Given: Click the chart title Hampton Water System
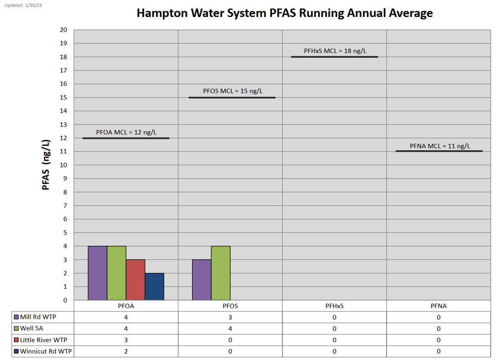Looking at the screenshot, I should (x=285, y=13).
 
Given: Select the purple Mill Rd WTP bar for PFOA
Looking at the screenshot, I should (x=98, y=273).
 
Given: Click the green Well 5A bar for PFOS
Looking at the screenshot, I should (x=221, y=273).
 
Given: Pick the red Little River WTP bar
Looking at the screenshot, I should (x=136, y=280).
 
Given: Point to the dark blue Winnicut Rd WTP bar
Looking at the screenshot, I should (x=154, y=286).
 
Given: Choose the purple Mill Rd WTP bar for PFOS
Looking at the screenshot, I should (x=202, y=280).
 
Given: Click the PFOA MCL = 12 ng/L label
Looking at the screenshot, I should (x=126, y=132).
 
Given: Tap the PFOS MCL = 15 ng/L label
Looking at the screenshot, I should (x=232, y=91).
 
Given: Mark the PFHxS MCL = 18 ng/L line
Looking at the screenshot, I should (x=334, y=57).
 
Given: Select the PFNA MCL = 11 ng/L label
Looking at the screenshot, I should (x=440, y=146).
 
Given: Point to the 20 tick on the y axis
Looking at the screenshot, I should (x=63, y=30).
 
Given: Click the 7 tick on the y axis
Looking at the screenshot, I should (x=65, y=206).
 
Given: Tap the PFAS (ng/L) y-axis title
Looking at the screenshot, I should (x=46, y=165).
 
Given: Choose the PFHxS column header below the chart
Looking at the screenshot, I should (x=334, y=306).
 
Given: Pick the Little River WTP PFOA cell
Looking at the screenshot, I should (x=126, y=340).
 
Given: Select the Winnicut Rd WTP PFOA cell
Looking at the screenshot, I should (x=126, y=352).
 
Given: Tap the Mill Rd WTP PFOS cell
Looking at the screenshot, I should (x=230, y=317).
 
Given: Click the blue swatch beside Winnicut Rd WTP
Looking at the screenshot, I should (x=16, y=352).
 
